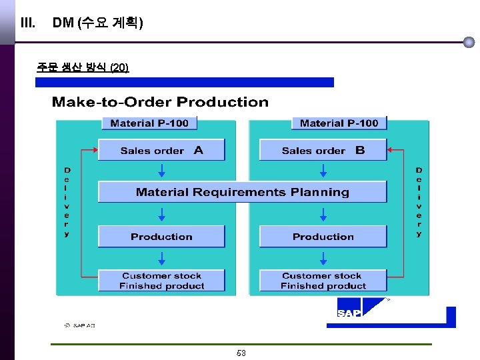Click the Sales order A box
coord(161,150)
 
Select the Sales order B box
coord(323,150)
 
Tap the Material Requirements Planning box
coord(242,192)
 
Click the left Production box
coord(161,237)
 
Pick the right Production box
coord(323,237)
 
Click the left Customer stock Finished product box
coord(161,281)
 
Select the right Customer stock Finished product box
coord(323,281)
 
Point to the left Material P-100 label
coord(149,123)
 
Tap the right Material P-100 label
coord(339,123)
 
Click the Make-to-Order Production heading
coord(160,102)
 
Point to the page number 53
coord(241,353)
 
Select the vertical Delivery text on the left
coord(67,202)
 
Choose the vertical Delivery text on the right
coord(419,202)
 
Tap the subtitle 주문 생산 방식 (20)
coord(83,67)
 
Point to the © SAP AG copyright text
coord(80,325)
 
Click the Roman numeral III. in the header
coord(28,23)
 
